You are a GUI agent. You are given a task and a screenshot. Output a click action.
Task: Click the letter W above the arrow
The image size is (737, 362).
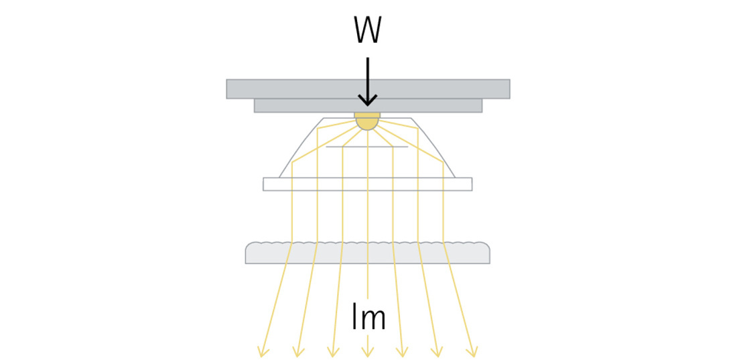tap(367, 29)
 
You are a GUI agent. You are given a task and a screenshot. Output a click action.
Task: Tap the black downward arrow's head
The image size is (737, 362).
tap(367, 101)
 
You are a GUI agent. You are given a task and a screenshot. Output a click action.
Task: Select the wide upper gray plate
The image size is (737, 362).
tap(368, 88)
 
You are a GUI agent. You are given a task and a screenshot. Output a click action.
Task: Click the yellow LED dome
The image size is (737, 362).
tap(367, 121)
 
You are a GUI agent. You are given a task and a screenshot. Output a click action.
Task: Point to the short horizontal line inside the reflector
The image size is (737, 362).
tap(367, 146)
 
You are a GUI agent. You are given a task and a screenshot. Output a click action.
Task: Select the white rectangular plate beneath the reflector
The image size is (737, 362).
tap(367, 184)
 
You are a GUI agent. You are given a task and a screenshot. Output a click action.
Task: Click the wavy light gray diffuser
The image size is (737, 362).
tap(367, 253)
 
